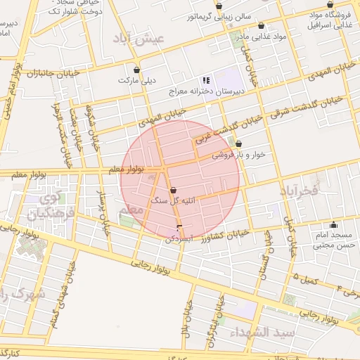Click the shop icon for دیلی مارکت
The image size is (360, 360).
point(136,70)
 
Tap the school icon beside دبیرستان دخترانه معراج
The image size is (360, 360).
point(206,80)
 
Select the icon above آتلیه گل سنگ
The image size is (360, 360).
point(174,190)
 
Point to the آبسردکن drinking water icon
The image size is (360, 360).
point(180,226)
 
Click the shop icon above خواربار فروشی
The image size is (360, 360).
point(238,143)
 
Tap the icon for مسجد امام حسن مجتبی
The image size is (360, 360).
point(330,223)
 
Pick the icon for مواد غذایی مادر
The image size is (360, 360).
point(261,25)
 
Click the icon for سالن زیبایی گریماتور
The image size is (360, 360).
point(219,6)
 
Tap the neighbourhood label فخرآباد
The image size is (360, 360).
point(299,190)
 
